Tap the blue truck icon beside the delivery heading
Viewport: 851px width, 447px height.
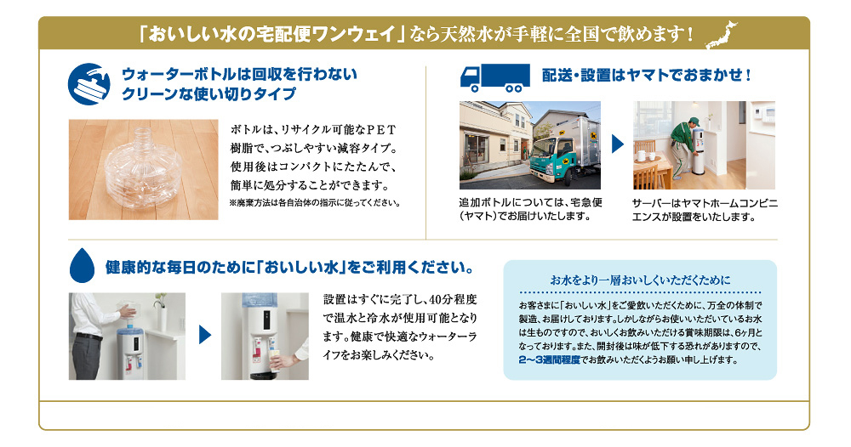491,77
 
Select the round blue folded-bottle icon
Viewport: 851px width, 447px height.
89,82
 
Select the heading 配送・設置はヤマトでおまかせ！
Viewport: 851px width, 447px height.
647,76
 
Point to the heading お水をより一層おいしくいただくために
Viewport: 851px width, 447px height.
640,280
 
